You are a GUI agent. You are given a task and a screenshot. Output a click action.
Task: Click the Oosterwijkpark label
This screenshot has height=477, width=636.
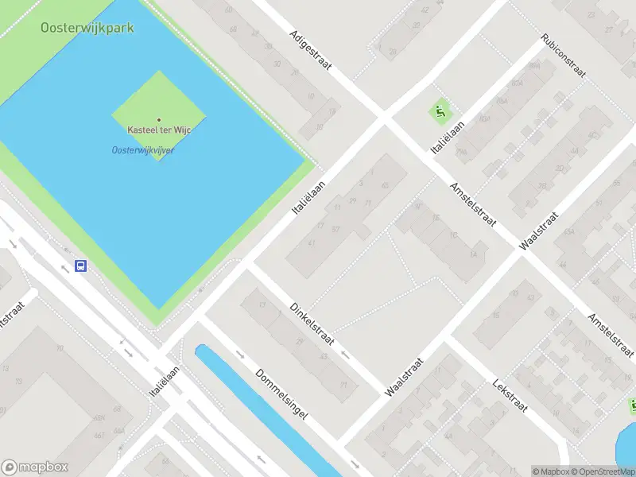(87, 28)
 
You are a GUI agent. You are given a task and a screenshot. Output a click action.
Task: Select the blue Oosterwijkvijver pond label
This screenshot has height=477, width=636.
(143, 149)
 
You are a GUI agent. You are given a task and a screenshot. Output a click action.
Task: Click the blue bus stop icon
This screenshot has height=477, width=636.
(80, 266)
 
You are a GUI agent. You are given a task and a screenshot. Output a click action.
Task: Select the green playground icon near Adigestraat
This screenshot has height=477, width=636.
(439, 112)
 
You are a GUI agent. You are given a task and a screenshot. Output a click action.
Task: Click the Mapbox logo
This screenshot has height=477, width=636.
(35, 467)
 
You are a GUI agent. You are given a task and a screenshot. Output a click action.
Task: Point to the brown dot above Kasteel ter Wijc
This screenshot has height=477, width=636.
(159, 120)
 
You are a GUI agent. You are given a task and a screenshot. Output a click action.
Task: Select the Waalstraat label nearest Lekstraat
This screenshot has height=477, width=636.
(405, 376)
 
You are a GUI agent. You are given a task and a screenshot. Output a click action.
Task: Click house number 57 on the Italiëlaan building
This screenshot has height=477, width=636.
(336, 229)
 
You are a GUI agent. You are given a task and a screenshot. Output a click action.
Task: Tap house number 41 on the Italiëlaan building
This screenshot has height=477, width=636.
(312, 243)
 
